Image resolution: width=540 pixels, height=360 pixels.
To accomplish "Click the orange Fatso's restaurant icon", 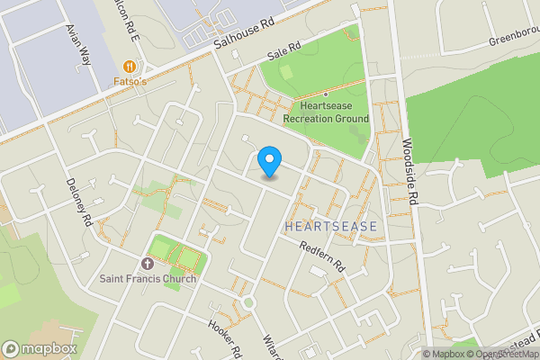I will click(x=130, y=66).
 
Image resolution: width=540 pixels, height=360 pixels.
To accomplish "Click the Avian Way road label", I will click(x=78, y=44).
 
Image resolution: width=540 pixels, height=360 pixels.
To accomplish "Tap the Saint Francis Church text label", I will click(x=148, y=278).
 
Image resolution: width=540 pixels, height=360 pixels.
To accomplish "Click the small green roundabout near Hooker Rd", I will click(x=247, y=302).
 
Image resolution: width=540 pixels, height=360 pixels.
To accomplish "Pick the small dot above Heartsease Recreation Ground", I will click(x=326, y=94).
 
